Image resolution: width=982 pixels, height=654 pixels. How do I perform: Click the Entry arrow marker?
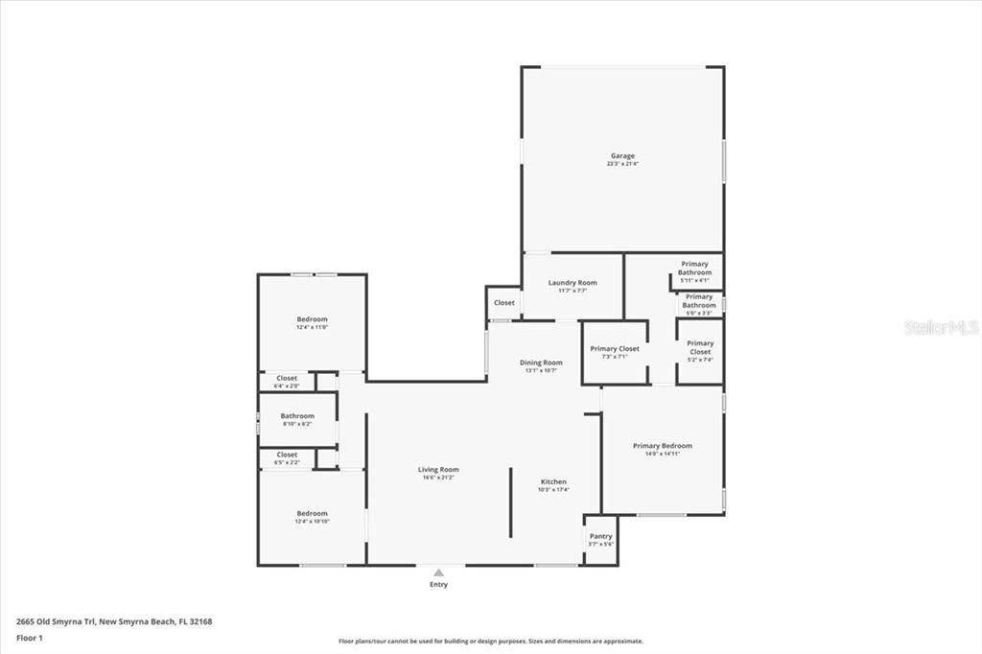(438, 572)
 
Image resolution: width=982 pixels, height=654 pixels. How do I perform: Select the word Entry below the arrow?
(438, 584)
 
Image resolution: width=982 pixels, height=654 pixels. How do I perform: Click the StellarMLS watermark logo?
(940, 327)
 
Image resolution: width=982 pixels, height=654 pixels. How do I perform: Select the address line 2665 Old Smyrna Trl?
(113, 621)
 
